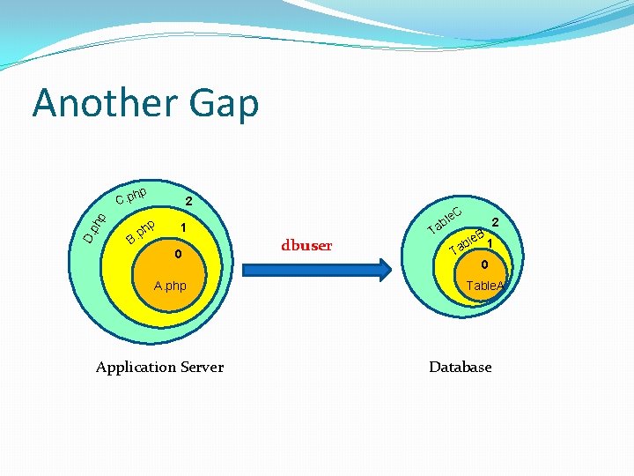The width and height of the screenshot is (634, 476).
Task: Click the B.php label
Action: (141, 231)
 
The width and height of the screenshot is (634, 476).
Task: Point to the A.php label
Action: (170, 286)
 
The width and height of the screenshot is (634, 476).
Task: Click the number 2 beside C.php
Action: (188, 203)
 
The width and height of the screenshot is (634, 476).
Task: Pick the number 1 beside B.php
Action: (182, 228)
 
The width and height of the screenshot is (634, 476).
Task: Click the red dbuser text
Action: (306, 246)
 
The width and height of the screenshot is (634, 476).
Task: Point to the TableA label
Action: (483, 286)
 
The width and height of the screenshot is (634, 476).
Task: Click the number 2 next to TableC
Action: (495, 222)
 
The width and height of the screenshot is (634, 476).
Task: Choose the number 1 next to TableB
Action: (489, 242)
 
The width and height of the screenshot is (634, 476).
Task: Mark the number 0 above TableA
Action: (483, 264)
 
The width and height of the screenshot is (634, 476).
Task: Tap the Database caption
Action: (460, 367)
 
